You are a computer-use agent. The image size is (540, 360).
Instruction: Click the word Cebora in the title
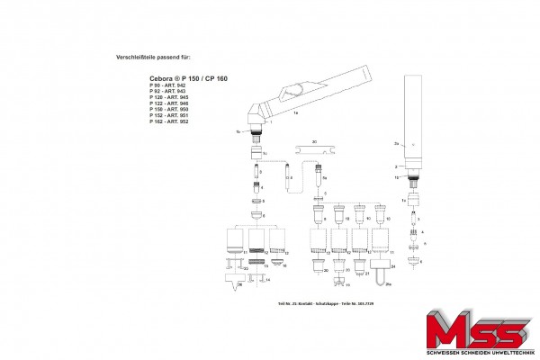click(163, 79)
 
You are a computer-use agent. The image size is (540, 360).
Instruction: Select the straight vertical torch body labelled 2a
click(416, 126)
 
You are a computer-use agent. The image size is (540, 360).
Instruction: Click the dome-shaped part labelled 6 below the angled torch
click(256, 216)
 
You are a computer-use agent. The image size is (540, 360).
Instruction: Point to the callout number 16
click(284, 266)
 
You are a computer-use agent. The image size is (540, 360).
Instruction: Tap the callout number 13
click(266, 266)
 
